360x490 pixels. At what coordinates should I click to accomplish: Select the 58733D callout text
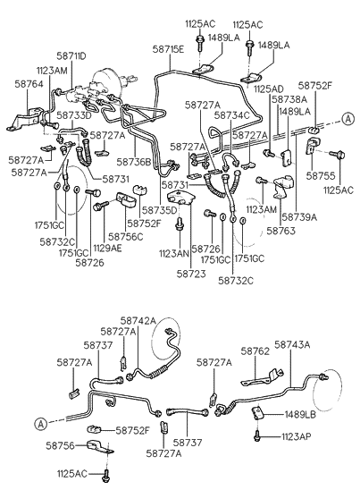[x=74, y=116]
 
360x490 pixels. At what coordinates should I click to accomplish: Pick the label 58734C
[x=231, y=115]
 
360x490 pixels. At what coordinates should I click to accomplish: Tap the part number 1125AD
[x=268, y=89]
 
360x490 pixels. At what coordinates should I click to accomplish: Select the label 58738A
[x=289, y=100]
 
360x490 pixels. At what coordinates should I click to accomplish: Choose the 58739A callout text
[x=299, y=217]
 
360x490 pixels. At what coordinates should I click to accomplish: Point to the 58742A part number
[x=138, y=320]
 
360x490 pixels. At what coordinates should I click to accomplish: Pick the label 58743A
[x=292, y=344]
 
